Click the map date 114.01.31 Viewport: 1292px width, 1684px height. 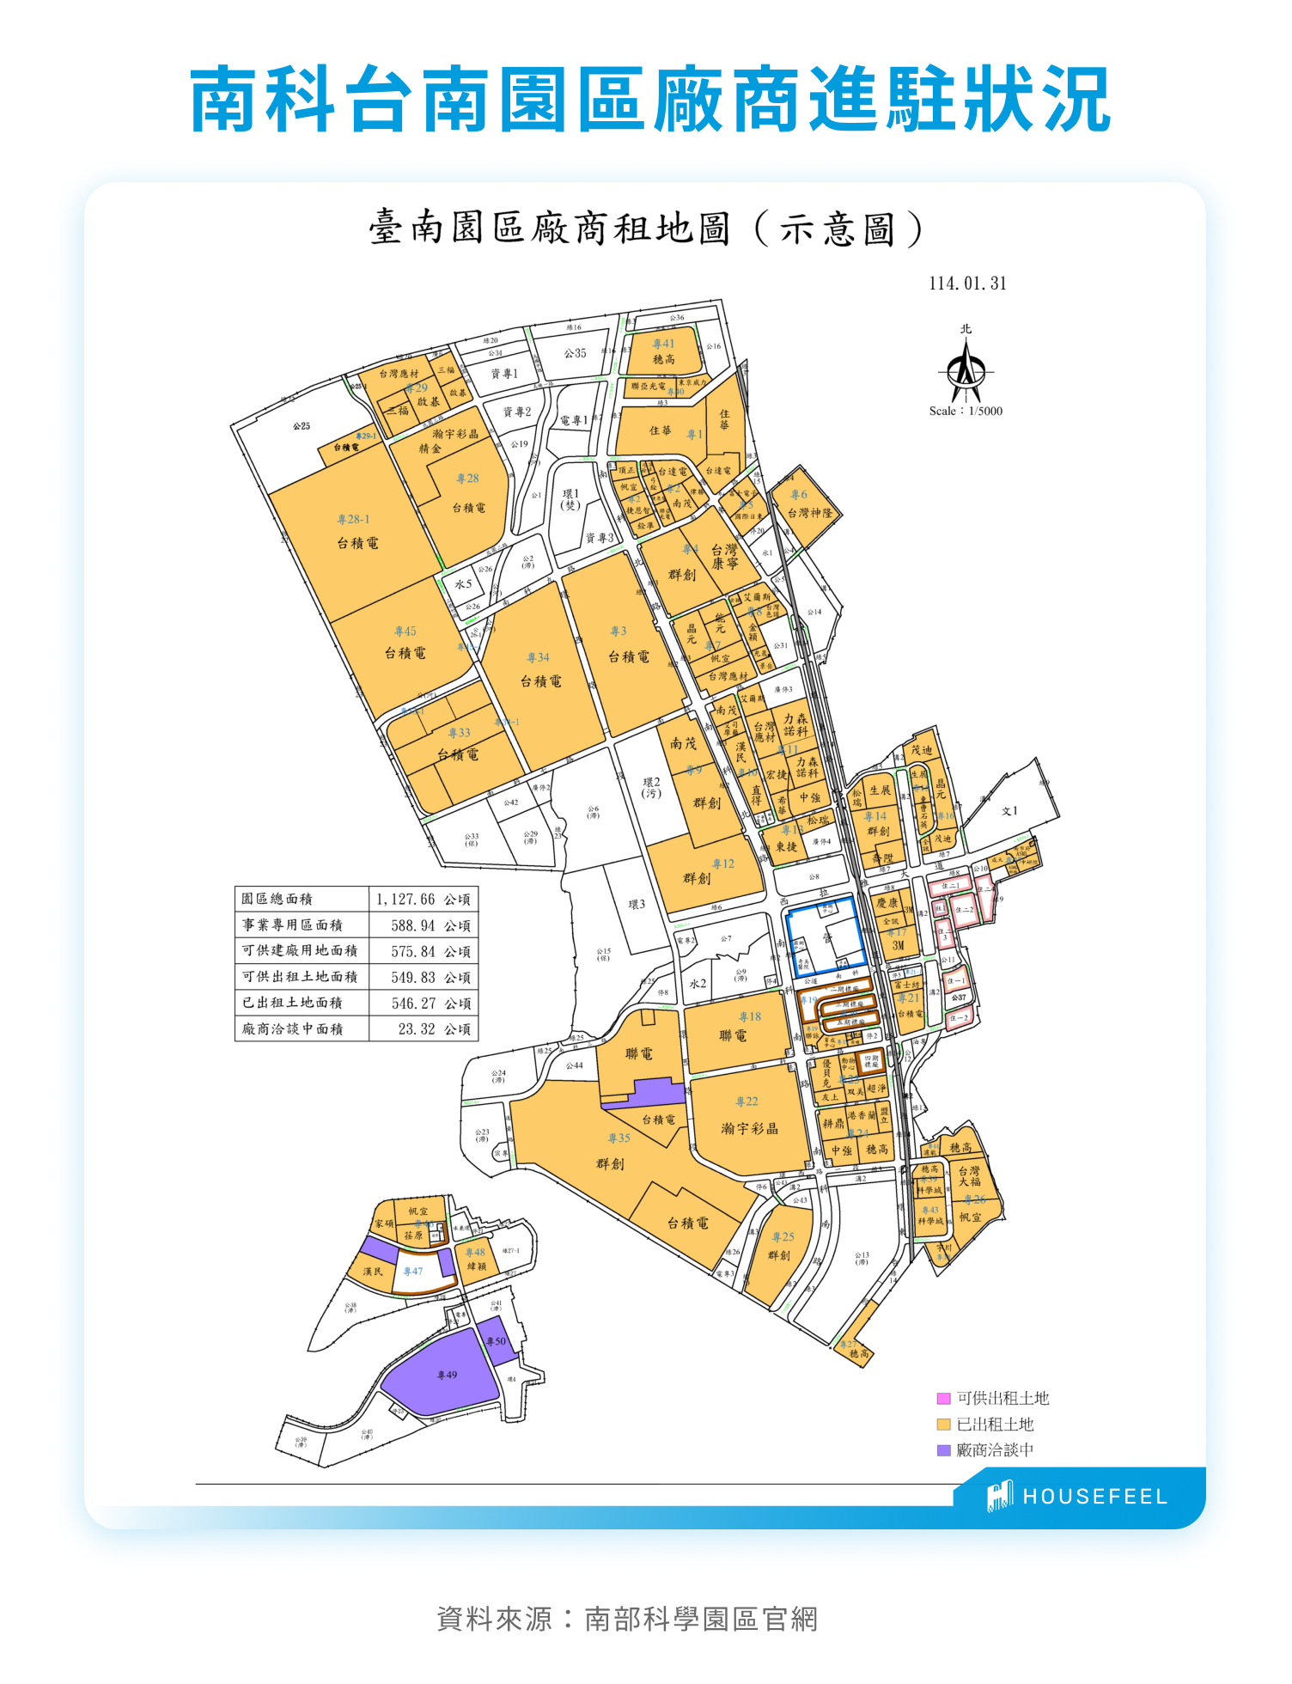[x=967, y=284]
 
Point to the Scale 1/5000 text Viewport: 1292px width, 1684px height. [x=966, y=412]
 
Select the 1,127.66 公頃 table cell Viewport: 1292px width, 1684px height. [x=423, y=900]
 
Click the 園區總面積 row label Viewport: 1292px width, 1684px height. [x=277, y=900]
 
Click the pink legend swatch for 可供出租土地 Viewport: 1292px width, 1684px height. [x=943, y=1399]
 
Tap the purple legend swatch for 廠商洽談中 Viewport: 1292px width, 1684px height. [x=943, y=1450]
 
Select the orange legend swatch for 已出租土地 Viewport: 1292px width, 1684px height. [x=943, y=1425]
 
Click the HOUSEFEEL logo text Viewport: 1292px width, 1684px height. [x=1094, y=1497]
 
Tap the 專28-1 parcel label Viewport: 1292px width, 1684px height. [x=353, y=520]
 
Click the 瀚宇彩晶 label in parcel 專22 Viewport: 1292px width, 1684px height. [x=749, y=1129]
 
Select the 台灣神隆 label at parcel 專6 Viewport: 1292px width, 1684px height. [x=810, y=513]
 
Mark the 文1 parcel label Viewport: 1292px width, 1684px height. [x=1009, y=811]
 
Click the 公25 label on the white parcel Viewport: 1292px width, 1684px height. [x=302, y=426]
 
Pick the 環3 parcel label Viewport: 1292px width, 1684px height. [x=637, y=905]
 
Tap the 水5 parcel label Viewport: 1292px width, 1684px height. [x=463, y=584]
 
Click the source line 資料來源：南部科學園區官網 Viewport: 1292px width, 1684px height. [x=627, y=1620]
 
